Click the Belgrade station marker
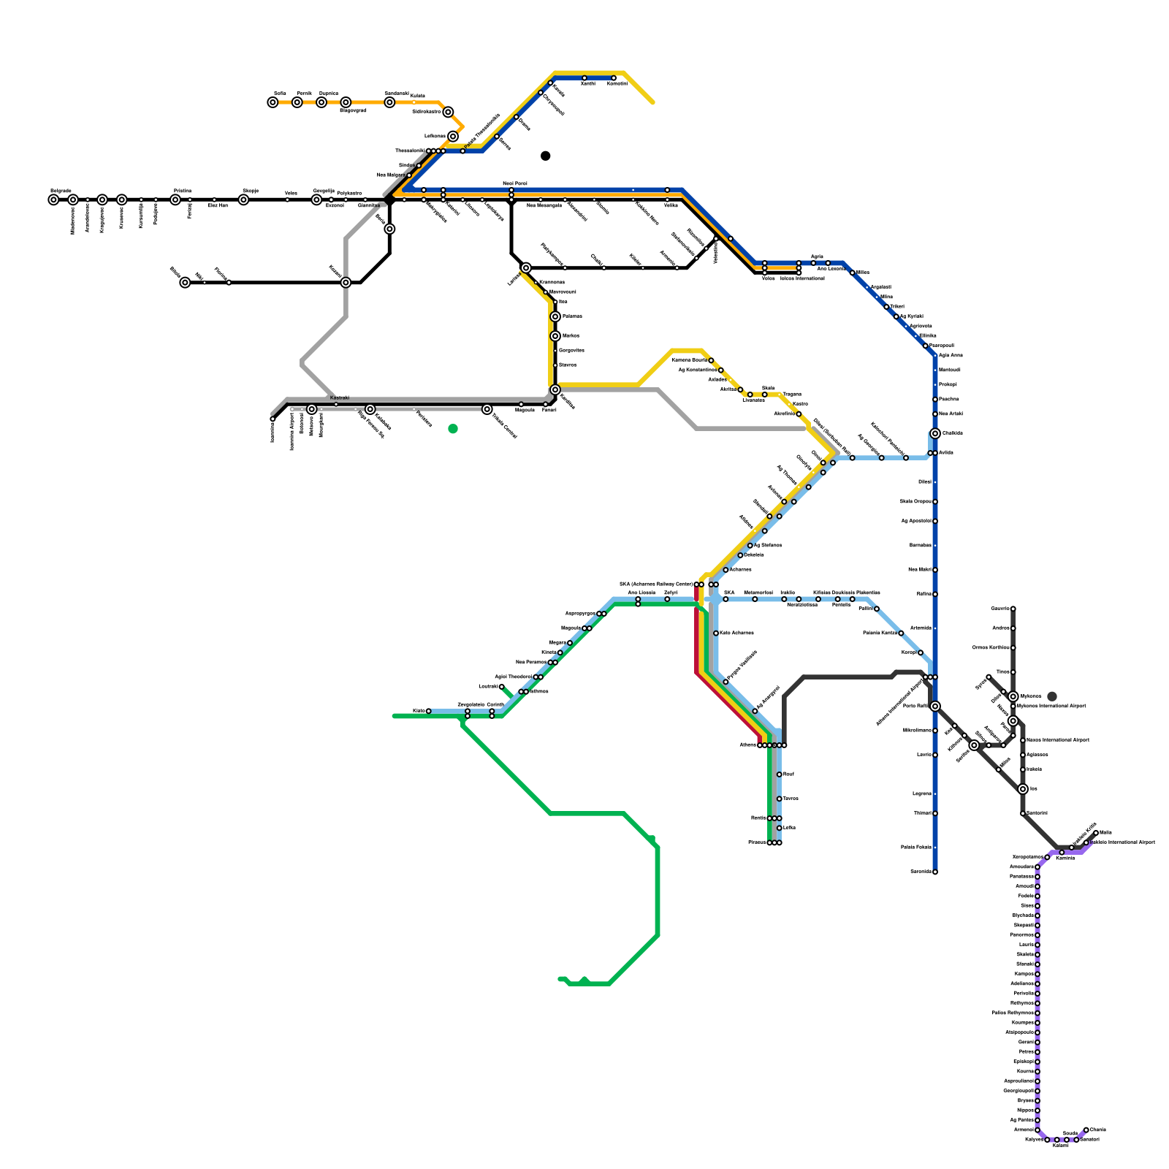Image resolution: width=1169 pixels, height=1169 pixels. click(53, 199)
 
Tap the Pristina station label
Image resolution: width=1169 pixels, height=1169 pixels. click(183, 191)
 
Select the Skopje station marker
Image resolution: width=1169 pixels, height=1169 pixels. click(243, 199)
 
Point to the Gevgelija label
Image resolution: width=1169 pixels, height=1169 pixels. click(323, 191)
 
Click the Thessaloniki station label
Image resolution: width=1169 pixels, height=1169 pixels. click(409, 151)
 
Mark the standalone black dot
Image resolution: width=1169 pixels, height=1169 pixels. click(545, 156)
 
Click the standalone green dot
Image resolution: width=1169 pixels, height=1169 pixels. click(453, 429)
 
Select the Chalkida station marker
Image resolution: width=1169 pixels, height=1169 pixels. click(935, 433)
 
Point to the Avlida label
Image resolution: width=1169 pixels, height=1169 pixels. click(946, 452)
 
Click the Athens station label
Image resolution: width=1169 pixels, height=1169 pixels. click(747, 745)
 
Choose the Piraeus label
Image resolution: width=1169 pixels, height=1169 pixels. click(757, 842)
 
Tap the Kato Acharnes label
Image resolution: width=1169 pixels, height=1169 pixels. click(736, 633)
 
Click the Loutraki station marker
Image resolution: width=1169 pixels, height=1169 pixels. click(502, 687)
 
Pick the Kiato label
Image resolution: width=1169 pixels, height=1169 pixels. click(419, 710)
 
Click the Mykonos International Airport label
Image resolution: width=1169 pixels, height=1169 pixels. click(1052, 707)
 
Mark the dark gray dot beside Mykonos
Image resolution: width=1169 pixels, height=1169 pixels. click(1052, 696)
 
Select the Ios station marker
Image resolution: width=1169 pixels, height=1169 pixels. click(1023, 789)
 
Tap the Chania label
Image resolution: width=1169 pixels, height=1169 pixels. click(1097, 1130)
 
